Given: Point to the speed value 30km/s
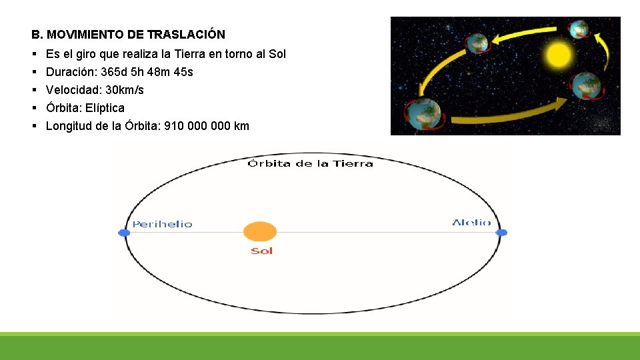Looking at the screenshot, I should (x=125, y=90).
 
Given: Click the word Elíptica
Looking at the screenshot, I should (x=106, y=108).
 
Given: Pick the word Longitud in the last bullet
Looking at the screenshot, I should (x=68, y=126).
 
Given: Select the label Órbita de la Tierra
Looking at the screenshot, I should (x=310, y=163).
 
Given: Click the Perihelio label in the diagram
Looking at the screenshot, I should (x=162, y=225).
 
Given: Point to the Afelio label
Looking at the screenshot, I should (x=471, y=223).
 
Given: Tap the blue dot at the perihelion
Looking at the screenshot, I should (x=123, y=233).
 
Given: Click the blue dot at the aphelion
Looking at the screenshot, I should (x=502, y=233).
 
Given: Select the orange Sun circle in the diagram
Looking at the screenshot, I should (x=260, y=232).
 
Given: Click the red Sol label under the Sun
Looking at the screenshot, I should (x=261, y=251).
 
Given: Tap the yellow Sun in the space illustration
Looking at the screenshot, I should (x=557, y=54).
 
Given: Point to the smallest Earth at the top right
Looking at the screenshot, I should (x=578, y=29).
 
